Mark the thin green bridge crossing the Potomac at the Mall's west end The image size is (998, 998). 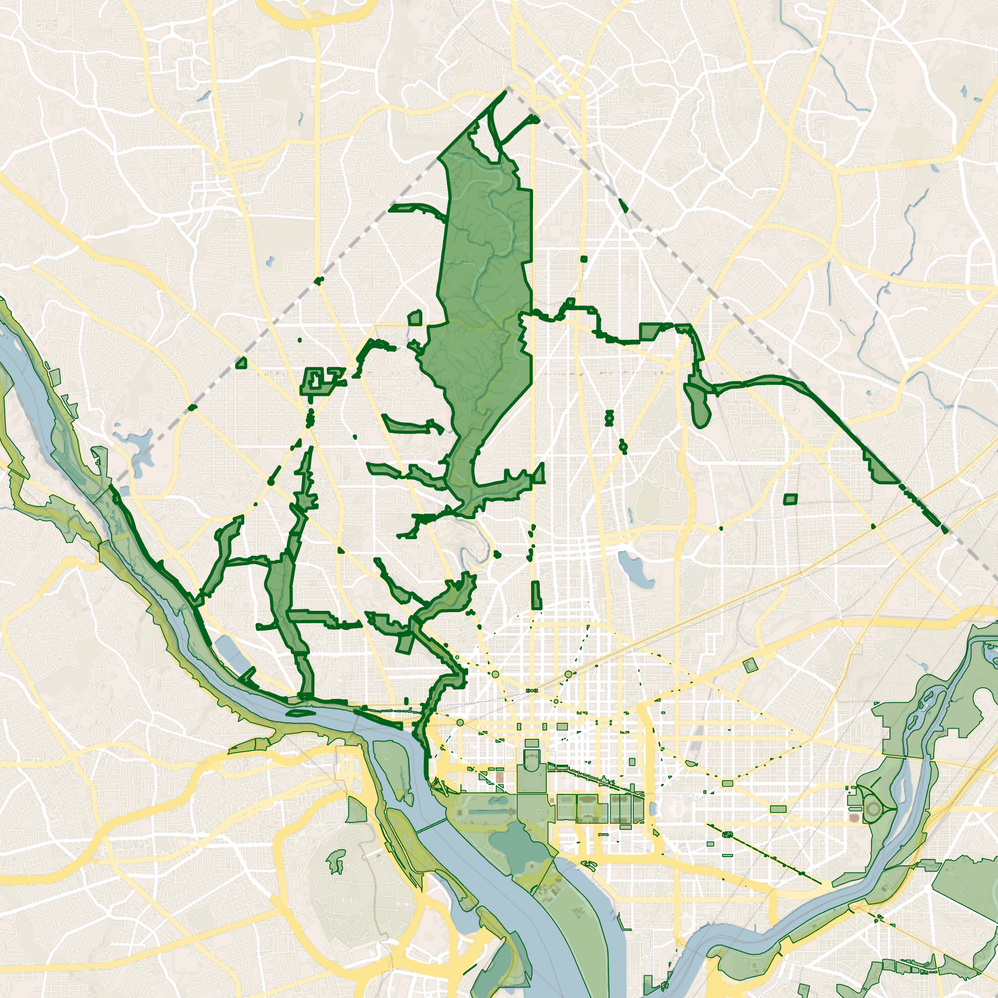[x=432, y=825]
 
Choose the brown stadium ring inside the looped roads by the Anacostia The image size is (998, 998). [x=874, y=809]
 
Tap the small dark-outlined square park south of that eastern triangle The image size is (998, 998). [x=790, y=499]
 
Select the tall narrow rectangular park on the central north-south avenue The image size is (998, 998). [x=536, y=594]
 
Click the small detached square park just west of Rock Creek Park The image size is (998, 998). [x=415, y=318]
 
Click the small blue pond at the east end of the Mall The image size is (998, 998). [x=654, y=809]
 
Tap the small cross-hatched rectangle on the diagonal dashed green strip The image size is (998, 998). [x=728, y=834]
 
